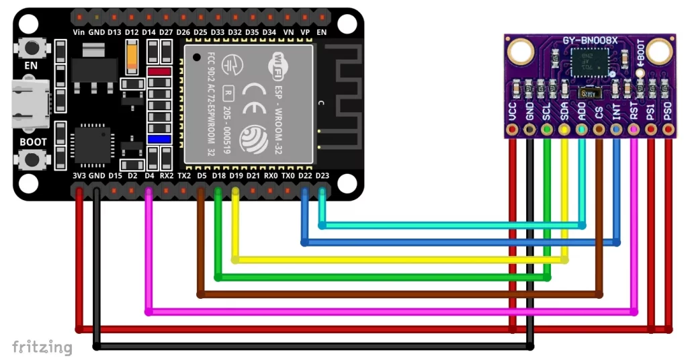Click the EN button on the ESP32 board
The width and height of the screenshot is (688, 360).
[31, 48]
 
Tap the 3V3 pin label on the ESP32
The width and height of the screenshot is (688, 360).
[79, 176]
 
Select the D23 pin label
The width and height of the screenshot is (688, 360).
[322, 176]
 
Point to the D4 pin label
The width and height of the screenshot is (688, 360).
[149, 176]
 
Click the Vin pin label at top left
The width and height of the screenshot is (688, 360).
[79, 32]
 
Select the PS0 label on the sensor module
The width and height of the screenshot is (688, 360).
[668, 112]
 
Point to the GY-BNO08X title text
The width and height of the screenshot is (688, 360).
[590, 41]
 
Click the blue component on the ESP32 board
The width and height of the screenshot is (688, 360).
[159, 139]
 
